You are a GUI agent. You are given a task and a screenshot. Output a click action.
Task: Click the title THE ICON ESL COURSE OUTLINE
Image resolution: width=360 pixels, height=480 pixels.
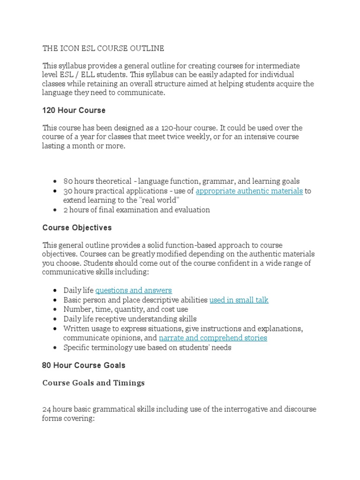coord(103,48)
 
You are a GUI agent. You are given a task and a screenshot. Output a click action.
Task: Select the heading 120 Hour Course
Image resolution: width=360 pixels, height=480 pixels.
coord(74,111)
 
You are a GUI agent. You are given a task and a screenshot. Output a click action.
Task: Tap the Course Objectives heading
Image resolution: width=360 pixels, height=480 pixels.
coord(77,227)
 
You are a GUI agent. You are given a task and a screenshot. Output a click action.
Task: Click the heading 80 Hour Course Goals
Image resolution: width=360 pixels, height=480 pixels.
coord(84,365)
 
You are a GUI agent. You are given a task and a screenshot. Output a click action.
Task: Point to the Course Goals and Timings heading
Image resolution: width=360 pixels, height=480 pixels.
coord(93,383)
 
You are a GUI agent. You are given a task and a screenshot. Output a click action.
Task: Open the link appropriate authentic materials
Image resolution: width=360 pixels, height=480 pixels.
coord(249,191)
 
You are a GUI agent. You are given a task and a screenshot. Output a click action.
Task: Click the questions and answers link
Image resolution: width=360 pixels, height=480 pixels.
coord(134,290)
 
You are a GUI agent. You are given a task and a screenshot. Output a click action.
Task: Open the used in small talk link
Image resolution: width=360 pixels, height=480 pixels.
coord(239,300)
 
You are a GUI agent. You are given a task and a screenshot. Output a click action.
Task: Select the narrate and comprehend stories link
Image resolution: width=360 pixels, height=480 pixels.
coord(213,338)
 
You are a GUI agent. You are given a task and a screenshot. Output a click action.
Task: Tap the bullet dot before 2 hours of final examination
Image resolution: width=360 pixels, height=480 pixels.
coord(56,210)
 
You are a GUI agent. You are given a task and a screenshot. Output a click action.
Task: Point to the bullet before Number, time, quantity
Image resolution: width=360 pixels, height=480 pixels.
coord(56,310)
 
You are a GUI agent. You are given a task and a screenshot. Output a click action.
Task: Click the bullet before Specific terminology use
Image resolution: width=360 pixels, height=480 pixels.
coord(56,348)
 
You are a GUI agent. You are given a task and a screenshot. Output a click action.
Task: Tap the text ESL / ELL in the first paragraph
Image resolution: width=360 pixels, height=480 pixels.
coord(76,75)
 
